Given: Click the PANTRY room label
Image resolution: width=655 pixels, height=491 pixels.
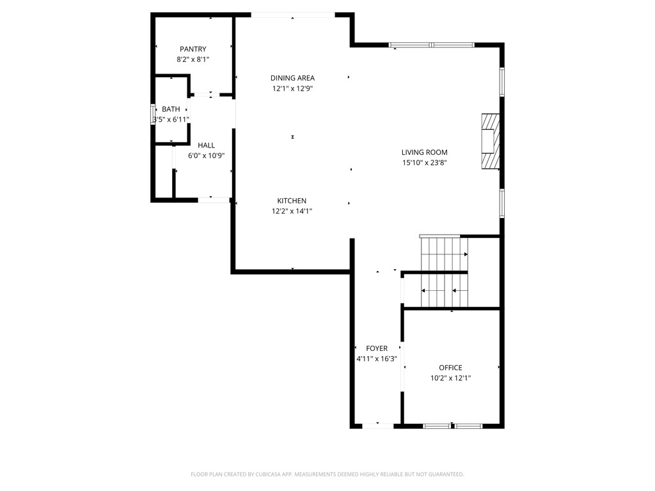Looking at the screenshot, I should (x=193, y=49).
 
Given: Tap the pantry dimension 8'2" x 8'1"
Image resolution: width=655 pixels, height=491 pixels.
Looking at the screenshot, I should (x=193, y=59).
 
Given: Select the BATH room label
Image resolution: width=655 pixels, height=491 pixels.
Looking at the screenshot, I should (x=171, y=109).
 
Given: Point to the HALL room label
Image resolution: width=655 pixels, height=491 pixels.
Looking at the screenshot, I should (x=206, y=145).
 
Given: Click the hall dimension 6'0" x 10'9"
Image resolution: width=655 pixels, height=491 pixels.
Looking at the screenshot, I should (x=206, y=155).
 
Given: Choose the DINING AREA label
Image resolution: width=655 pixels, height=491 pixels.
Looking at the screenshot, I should (x=292, y=78).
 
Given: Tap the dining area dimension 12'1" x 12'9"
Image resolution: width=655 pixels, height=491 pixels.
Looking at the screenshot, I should (x=292, y=89).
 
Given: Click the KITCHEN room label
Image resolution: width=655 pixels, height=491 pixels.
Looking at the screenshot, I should (x=292, y=201).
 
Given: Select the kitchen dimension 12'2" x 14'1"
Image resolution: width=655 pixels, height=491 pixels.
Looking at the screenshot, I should (x=292, y=211).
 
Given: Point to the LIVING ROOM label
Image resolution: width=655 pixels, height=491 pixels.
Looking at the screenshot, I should (x=424, y=152).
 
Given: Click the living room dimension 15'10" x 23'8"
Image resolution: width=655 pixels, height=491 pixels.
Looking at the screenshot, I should (x=424, y=162).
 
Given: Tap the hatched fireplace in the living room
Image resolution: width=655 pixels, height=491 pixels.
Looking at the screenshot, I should (x=489, y=142).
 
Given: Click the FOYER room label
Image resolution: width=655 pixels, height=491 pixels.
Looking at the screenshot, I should (x=377, y=348).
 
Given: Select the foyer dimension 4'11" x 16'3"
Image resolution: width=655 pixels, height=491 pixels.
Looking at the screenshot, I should (x=377, y=359).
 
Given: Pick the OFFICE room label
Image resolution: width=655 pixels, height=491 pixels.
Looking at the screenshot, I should (x=450, y=368).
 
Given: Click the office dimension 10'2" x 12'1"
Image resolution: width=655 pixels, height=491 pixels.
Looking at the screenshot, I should (x=450, y=378).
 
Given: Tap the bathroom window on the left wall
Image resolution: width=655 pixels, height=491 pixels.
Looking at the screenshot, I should (x=153, y=114).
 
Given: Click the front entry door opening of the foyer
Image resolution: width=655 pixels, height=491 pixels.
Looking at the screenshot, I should (x=377, y=425).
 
